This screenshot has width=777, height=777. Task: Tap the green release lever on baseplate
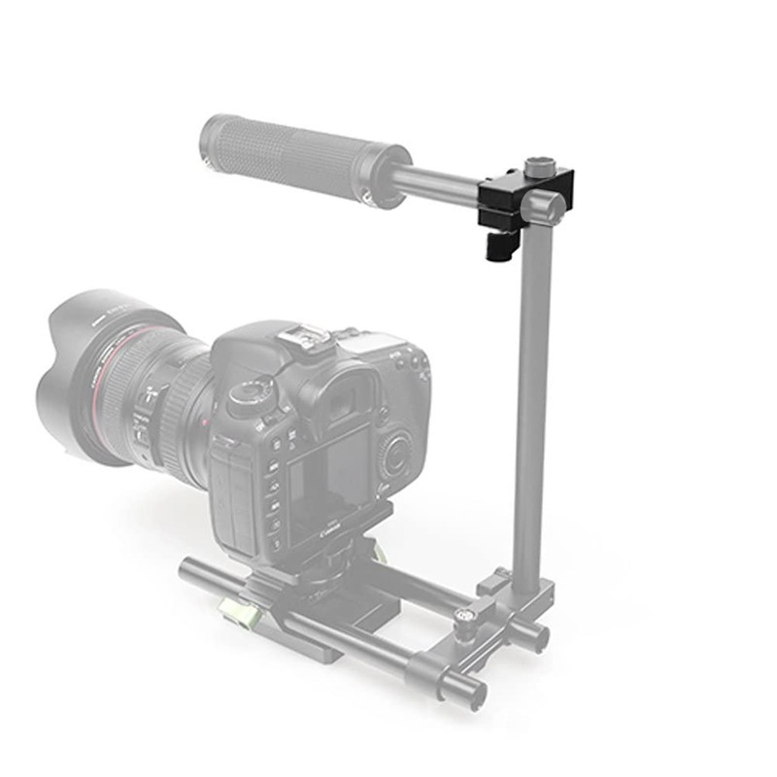(x=233, y=612)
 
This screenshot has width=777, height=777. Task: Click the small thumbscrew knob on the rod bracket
(x=465, y=616)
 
